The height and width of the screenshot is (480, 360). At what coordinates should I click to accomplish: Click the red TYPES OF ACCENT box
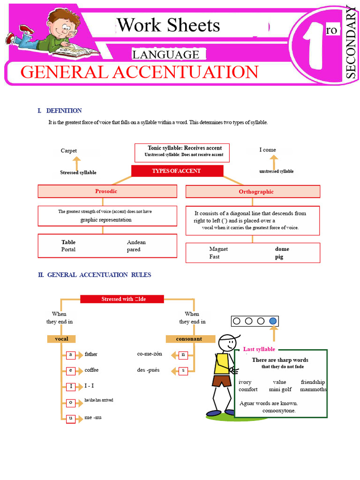[176, 171]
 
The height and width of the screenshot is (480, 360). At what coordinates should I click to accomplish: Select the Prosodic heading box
[107, 191]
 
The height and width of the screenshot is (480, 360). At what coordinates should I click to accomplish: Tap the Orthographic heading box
[253, 192]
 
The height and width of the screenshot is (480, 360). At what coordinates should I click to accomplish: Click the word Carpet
[69, 150]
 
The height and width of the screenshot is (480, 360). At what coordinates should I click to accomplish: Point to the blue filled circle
[274, 321]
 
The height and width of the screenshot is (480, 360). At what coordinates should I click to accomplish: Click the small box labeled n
[183, 355]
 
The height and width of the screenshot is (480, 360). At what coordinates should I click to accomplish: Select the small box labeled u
[71, 418]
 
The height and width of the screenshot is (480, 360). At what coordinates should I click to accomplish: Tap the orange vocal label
[61, 339]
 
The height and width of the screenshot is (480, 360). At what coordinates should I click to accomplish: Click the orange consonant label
[189, 339]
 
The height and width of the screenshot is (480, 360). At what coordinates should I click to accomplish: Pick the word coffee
[91, 370]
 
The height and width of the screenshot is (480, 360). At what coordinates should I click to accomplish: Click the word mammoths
[313, 390]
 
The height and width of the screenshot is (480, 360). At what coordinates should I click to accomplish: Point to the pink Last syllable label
[259, 349]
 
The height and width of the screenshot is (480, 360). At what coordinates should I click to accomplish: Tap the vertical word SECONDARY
[351, 42]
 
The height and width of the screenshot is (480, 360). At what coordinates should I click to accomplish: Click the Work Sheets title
[169, 25]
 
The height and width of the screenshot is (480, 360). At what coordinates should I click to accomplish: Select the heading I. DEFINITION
[60, 111]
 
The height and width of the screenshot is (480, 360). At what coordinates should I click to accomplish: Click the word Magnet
[218, 249]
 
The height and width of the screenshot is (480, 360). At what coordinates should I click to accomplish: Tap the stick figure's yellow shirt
[222, 364]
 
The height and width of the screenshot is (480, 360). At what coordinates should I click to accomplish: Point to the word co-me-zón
[150, 354]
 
